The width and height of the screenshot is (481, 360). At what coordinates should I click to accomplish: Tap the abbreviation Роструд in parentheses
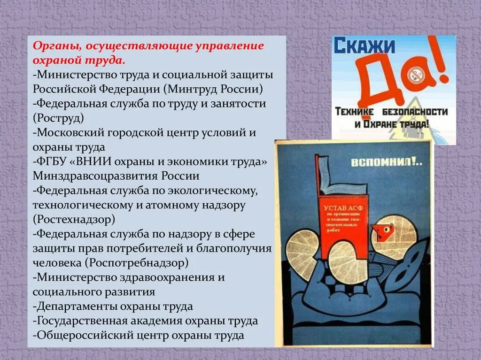59,116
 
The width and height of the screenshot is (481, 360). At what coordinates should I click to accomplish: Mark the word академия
157,321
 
